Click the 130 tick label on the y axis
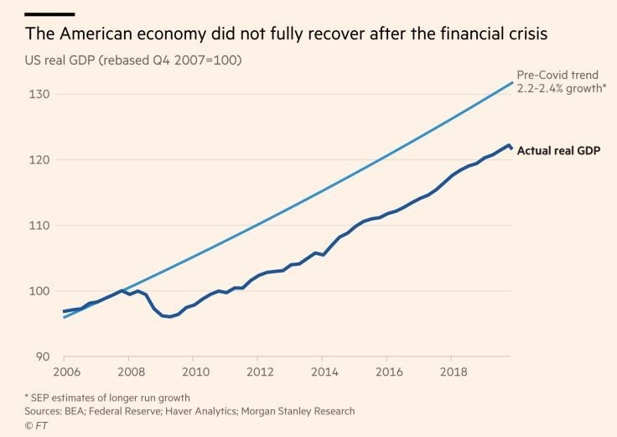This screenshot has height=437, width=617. click(41, 94)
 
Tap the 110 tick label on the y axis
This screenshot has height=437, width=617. click(41, 226)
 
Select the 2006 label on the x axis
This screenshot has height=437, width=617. click(65, 372)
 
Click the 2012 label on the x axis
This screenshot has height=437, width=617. click(260, 372)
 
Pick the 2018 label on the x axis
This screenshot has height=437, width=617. click(454, 372)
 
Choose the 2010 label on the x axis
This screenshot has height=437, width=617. click(194, 372)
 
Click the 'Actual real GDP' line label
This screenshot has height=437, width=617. click(559, 151)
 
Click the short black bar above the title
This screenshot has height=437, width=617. click(49, 14)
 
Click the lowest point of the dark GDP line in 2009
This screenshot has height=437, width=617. click(169, 317)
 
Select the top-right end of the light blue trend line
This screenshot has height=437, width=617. click(512, 82)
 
